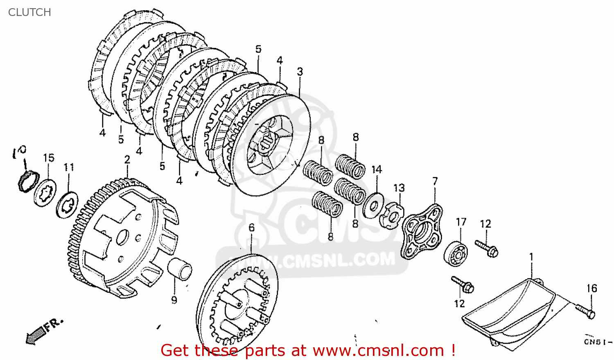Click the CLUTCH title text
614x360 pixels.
(29, 12)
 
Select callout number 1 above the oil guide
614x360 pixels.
(531, 257)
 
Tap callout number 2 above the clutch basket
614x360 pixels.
(127, 160)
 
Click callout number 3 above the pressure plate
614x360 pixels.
(300, 72)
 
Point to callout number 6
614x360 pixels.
(251, 227)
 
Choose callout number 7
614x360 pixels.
(435, 181)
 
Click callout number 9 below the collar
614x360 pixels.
(174, 300)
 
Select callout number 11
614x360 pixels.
(69, 167)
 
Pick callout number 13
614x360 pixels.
(399, 188)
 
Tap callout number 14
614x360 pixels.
(377, 170)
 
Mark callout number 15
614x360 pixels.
(49, 158)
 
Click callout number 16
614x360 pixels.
(592, 288)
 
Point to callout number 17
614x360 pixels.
(461, 222)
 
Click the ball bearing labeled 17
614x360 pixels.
(455, 254)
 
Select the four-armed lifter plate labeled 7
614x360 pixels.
(421, 231)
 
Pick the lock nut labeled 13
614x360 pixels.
(391, 215)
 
